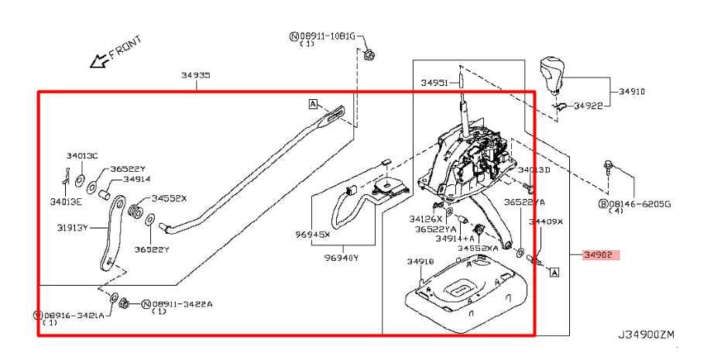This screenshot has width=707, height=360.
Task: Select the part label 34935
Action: pos(196,75)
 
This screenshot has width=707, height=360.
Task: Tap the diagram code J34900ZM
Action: pos(646,334)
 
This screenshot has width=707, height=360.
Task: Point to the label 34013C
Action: pos(84,156)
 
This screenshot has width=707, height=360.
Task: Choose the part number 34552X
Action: pos(169,198)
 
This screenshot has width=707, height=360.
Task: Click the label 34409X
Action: pos(546,221)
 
